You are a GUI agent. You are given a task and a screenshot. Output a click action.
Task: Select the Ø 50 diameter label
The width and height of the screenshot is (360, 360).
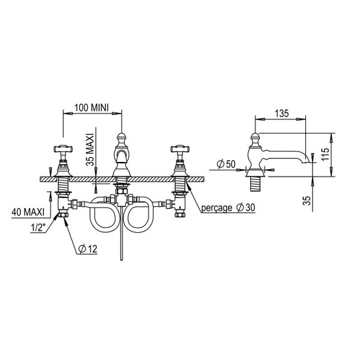(x=225, y=163)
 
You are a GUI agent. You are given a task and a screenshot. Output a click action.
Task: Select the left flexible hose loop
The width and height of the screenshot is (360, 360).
(x=101, y=216)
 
